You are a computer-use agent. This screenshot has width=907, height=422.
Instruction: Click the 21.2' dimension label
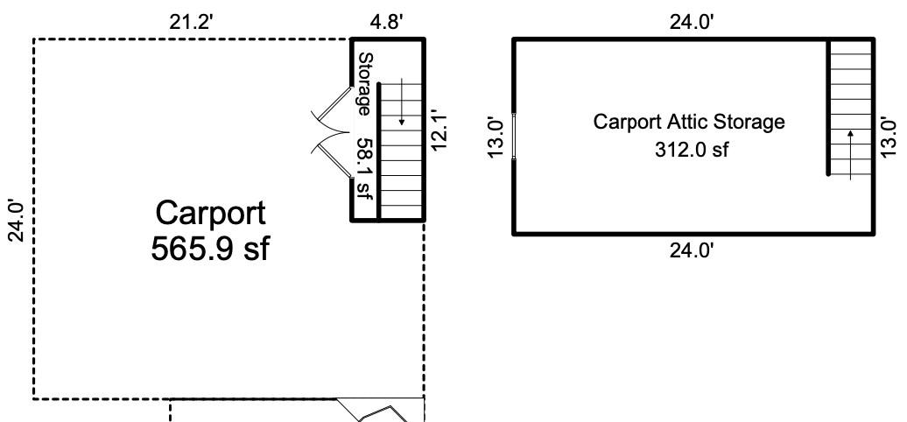(191, 23)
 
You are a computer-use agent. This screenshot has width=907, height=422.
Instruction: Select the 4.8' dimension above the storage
(386, 23)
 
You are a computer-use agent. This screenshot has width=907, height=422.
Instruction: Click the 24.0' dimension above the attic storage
(692, 23)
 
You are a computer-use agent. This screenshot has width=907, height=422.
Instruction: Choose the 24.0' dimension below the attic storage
(692, 251)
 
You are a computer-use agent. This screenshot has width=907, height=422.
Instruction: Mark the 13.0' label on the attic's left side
(496, 137)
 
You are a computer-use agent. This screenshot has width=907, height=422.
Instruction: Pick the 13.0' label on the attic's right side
(889, 137)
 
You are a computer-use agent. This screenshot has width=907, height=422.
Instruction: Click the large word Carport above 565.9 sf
(210, 214)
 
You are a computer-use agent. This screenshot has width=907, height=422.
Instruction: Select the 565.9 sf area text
(210, 249)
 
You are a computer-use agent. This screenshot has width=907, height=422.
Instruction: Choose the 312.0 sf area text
(692, 149)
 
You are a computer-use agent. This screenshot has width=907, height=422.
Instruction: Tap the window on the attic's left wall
(514, 137)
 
